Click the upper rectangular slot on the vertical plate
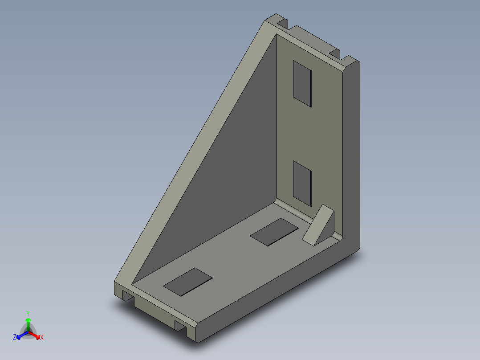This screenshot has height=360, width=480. tap(302, 84)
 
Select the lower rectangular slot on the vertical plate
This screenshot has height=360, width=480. tap(302, 184)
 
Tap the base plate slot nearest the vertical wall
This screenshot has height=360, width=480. tap(274, 232)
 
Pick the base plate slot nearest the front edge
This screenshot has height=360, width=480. tap(188, 282)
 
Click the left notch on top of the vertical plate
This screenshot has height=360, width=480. tap(282, 22)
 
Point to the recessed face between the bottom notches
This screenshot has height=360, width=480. tap(154, 312)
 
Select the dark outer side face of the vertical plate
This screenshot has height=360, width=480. tap(352, 156)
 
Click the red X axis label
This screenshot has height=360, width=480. tap(42, 338)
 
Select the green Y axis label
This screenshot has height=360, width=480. tap(28, 313)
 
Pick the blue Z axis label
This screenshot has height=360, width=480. tap(15, 338)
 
